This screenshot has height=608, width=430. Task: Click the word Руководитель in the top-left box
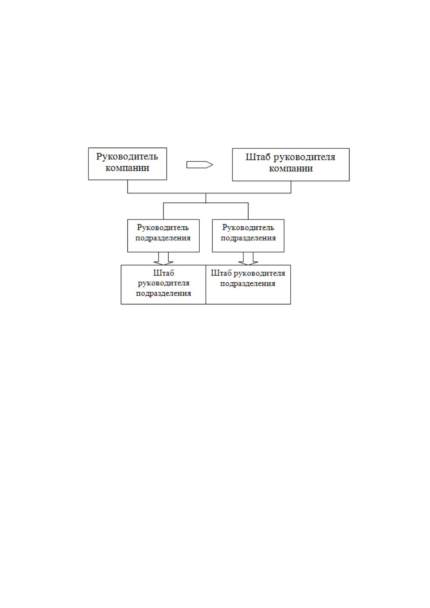pos(127,157)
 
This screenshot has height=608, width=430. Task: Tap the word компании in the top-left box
pos(127,168)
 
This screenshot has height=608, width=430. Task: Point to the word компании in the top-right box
pos(291,169)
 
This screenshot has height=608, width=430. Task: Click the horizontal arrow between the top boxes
pos(200,165)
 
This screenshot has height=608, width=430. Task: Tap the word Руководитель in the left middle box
pos(163,227)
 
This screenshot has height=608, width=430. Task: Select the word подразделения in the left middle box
pos(163,238)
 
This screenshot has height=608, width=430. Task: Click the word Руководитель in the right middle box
pos(248,227)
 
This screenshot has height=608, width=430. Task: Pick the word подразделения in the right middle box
pos(248,238)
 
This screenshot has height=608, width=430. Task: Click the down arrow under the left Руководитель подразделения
pos(164,259)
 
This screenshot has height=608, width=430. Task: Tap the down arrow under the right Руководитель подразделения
pos(248,259)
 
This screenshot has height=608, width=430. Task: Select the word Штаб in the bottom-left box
pos(164,273)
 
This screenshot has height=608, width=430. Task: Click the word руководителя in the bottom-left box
pos(164,283)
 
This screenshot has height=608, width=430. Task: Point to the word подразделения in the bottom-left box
pos(164,294)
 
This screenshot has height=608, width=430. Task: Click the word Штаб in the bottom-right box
pos(221,273)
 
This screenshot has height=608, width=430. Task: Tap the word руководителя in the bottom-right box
pos(259,273)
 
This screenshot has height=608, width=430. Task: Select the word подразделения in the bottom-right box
pos(248,284)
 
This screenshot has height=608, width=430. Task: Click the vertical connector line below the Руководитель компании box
pos(127,186)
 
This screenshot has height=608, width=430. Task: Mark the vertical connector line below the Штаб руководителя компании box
pos(291,187)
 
